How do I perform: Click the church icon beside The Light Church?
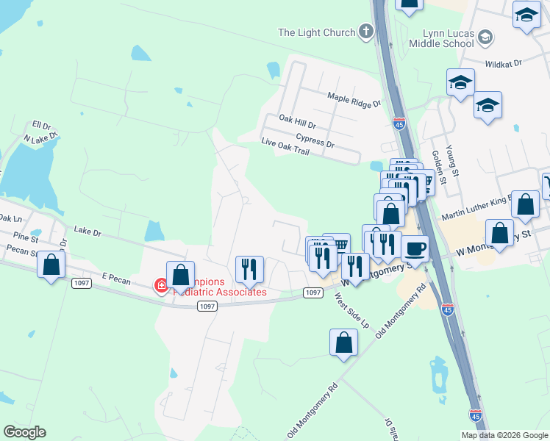coord(366,32)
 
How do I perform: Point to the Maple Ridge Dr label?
coord(355,99)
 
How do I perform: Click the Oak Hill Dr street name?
coord(297,121)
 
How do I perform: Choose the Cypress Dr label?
coord(315,140)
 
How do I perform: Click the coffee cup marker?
coord(415,249)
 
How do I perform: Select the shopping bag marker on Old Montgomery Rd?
coord(343,343)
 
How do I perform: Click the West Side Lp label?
coord(350,310)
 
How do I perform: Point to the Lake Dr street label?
coord(87,232)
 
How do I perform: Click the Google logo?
coord(24,432)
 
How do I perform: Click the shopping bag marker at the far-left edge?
coord(51,265)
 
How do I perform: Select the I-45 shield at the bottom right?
coord(475,416)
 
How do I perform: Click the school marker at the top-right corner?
coord(526,16)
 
